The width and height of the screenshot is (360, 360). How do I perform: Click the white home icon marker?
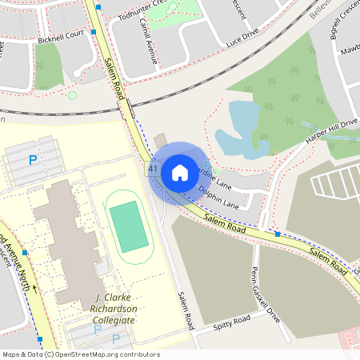coord(179,171)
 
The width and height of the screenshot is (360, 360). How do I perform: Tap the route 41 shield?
coord(152,170)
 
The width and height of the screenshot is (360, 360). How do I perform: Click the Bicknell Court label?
coord(59,35)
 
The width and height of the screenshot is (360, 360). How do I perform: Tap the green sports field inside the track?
coord(128,226)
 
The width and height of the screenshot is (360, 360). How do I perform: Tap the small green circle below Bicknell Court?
coord(72,95)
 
